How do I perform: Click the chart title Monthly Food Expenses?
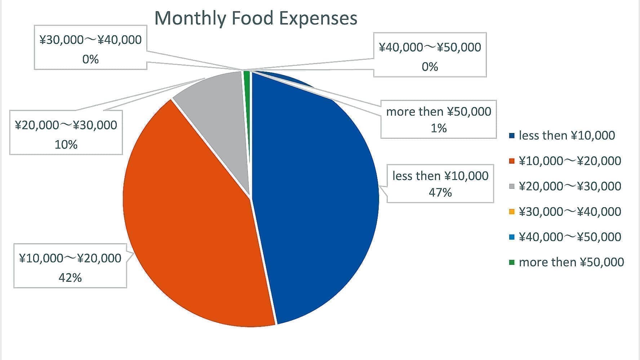click(x=255, y=18)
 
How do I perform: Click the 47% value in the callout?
click(x=440, y=192)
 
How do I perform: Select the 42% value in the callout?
click(x=70, y=277)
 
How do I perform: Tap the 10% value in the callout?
click(x=66, y=145)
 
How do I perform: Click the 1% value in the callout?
click(x=439, y=128)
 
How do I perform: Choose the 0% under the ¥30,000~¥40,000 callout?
click(x=90, y=59)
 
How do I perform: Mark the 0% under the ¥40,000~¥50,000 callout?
click(x=430, y=67)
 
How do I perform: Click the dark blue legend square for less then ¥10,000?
click(x=512, y=136)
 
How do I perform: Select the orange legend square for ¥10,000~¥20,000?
click(x=512, y=161)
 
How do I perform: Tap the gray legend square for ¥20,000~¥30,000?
click(x=512, y=186)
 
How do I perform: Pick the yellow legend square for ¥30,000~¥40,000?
click(x=512, y=212)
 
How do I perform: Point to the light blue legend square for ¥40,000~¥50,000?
click(x=512, y=237)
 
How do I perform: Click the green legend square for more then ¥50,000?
click(x=512, y=262)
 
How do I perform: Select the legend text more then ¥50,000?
click(x=571, y=262)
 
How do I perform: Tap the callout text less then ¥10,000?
click(x=440, y=176)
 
